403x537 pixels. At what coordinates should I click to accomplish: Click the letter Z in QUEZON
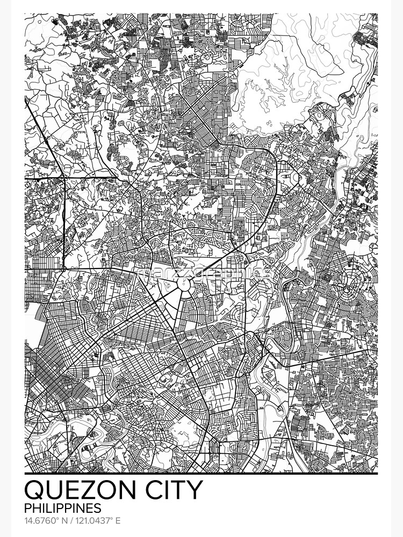tap(95, 490)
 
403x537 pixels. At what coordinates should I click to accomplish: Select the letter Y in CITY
tap(195, 490)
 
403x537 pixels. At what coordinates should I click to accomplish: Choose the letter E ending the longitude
tap(118, 520)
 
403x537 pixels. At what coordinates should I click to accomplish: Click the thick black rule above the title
tap(201, 474)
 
